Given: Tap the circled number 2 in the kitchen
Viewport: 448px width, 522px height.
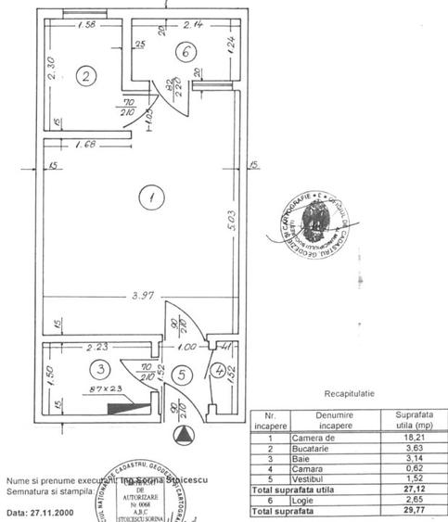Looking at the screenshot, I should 84,76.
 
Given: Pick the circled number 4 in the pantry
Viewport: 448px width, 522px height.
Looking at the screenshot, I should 217,374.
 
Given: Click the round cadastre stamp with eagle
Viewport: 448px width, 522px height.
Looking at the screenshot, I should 313,224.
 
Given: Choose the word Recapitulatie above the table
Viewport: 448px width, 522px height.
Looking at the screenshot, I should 350,393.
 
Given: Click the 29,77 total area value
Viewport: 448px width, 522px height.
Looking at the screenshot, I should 409,509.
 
